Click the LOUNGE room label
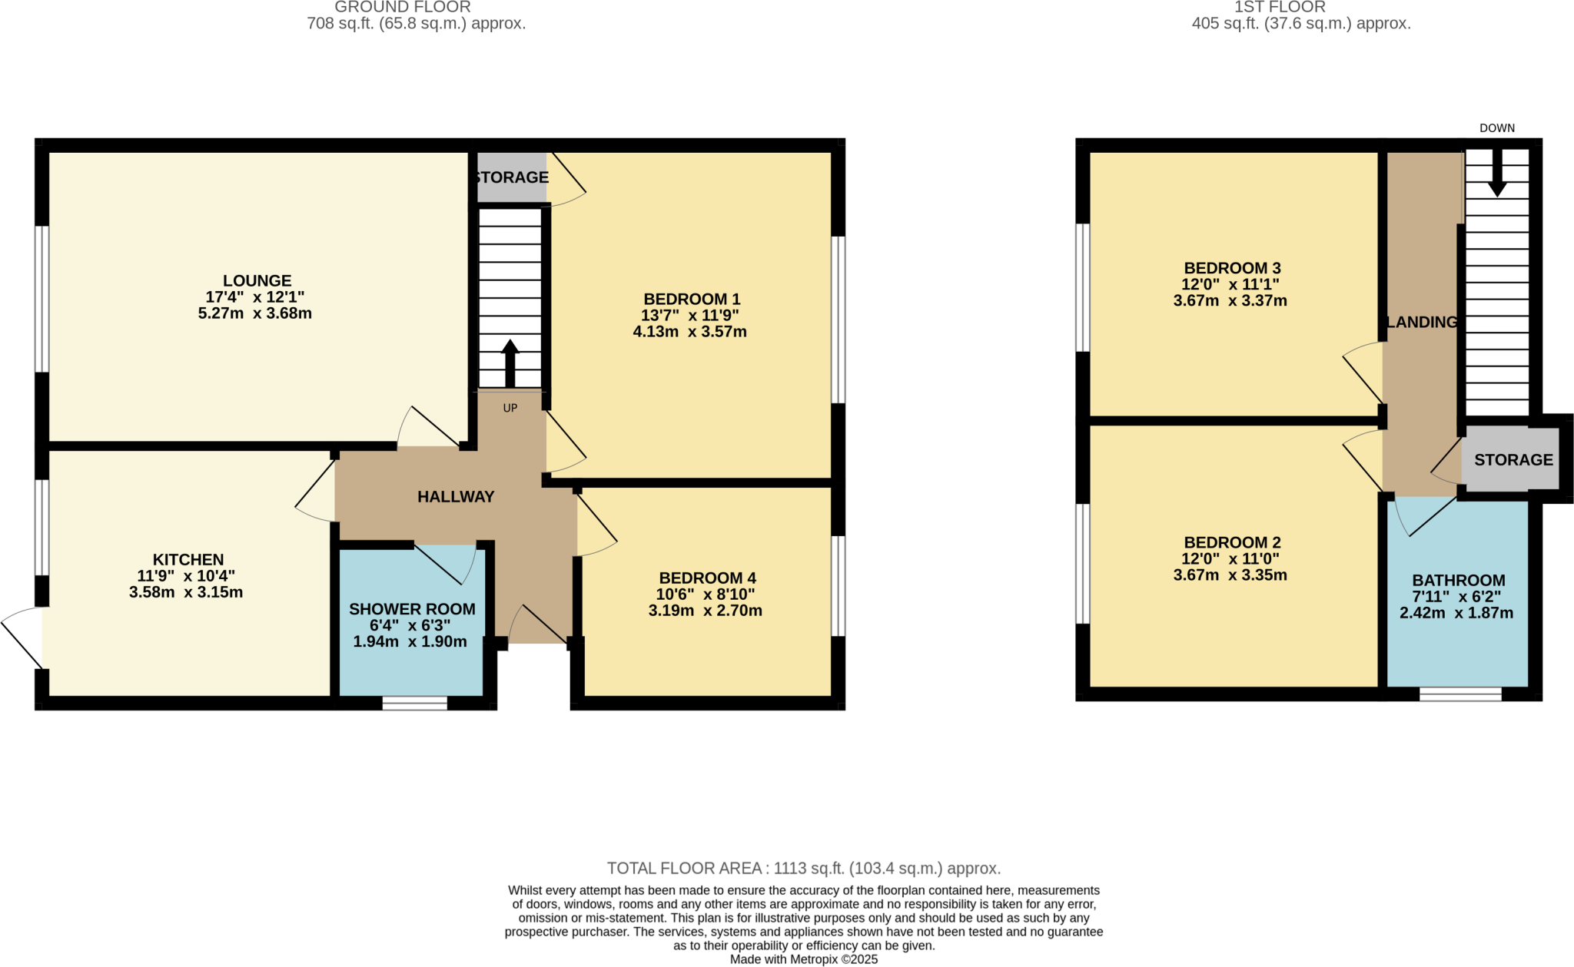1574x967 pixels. pyautogui.click(x=257, y=281)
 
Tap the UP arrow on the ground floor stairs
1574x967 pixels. pyautogui.click(x=510, y=364)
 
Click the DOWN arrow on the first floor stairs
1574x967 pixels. pyautogui.click(x=1496, y=174)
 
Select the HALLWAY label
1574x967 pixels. pyautogui.click(x=456, y=497)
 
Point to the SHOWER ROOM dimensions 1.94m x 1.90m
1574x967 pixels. pyautogui.click(x=410, y=642)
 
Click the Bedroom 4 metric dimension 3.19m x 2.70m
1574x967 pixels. pyautogui.click(x=705, y=611)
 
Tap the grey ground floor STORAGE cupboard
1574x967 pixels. pyautogui.click(x=511, y=178)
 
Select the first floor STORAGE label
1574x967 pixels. pyautogui.click(x=1513, y=460)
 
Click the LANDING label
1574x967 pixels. pyautogui.click(x=1421, y=323)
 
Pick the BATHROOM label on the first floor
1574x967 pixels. pyautogui.click(x=1458, y=581)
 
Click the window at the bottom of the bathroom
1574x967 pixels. pyautogui.click(x=1459, y=694)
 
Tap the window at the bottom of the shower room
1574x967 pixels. pyautogui.click(x=414, y=704)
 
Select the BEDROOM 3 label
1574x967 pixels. pyautogui.click(x=1231, y=268)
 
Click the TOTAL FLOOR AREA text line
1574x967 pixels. pyautogui.click(x=803, y=869)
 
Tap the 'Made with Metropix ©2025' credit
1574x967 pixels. pyautogui.click(x=803, y=959)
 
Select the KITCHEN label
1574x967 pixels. pyautogui.click(x=188, y=560)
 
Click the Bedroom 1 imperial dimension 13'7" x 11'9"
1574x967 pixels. pyautogui.click(x=689, y=316)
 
